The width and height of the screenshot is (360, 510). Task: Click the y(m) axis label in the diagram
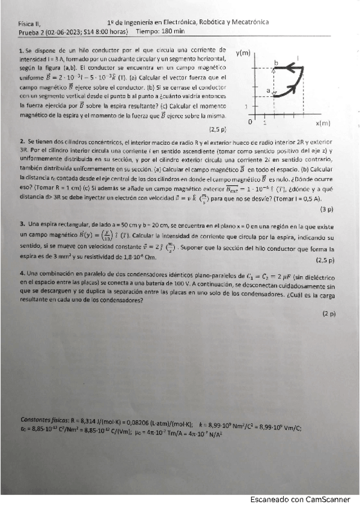click(x=243, y=54)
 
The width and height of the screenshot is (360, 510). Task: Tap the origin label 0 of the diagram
click(x=251, y=121)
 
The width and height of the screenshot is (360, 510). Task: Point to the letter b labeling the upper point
click(x=276, y=63)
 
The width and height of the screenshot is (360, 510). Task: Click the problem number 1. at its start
click(x=22, y=50)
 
